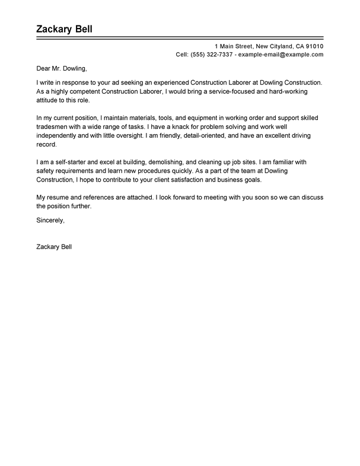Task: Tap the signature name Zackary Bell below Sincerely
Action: click(54, 230)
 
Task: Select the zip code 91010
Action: click(313, 46)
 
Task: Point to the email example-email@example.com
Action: click(280, 54)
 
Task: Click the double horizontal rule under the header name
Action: click(180, 39)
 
